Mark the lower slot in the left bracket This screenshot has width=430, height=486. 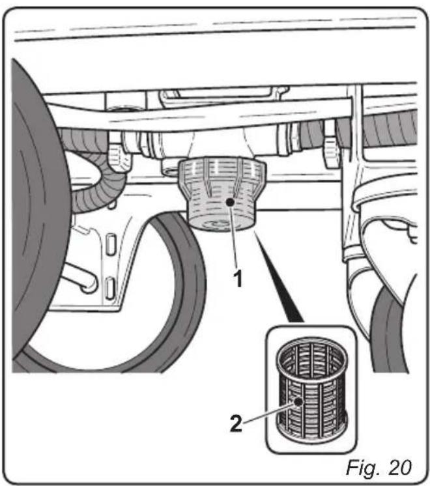(111, 285)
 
